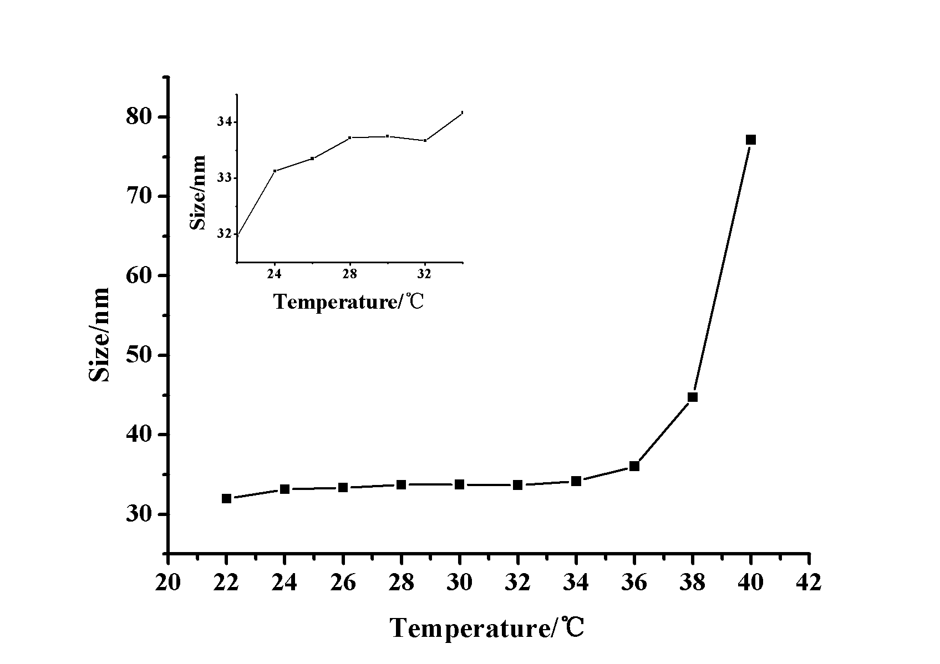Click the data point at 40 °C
pos(750,140)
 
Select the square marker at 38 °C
pos(692,397)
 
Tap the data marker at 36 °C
pos(634,466)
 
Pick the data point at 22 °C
pos(226,498)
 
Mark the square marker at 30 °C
pos(459,484)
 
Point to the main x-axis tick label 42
pos(809,583)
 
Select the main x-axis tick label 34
pos(576,583)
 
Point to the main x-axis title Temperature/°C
pos(487,629)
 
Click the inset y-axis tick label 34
pos(225,122)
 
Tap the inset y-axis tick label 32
pos(225,234)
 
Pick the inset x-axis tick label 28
pos(349,274)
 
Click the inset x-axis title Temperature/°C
pos(348,302)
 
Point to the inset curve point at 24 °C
pos(275,171)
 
